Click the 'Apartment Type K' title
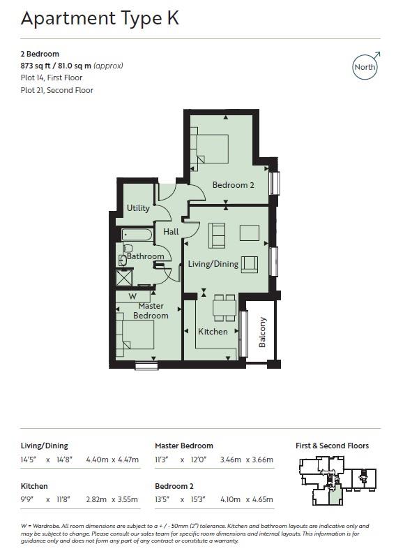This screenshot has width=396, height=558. coord(100,19)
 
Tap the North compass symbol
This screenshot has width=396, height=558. coord(365,67)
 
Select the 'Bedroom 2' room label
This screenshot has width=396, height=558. coord(233,185)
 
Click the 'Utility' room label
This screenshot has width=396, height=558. coord(138,208)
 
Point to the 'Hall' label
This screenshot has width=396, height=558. coord(171,231)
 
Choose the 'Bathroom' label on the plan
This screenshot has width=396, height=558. coord(146,256)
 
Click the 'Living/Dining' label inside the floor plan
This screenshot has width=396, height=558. coord(213,264)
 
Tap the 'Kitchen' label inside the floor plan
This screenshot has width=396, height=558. coord(213,331)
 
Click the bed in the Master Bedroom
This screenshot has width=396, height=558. coord(136,334)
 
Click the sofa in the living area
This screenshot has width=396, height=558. coord(217,235)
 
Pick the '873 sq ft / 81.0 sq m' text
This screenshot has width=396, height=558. coord(72,66)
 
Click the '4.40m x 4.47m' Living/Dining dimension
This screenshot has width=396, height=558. coord(111,460)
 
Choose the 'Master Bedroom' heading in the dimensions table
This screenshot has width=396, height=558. coord(184,446)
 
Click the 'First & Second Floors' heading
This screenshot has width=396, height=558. coord(333,446)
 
